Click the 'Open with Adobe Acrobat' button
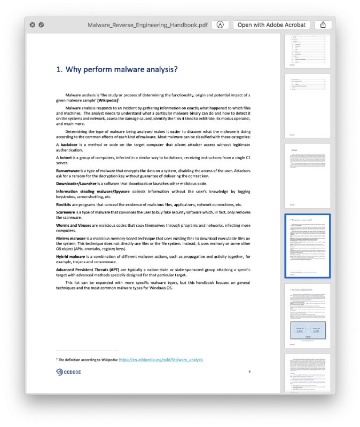pos(272,25)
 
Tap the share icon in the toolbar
pos(323,25)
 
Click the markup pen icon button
pos(220,25)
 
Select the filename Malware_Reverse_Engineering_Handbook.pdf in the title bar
pos(147,25)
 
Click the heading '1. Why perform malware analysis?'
pos(117,69)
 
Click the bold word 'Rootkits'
pos(65,204)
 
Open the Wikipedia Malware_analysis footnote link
pos(160,360)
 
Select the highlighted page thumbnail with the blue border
pos(308,246)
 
